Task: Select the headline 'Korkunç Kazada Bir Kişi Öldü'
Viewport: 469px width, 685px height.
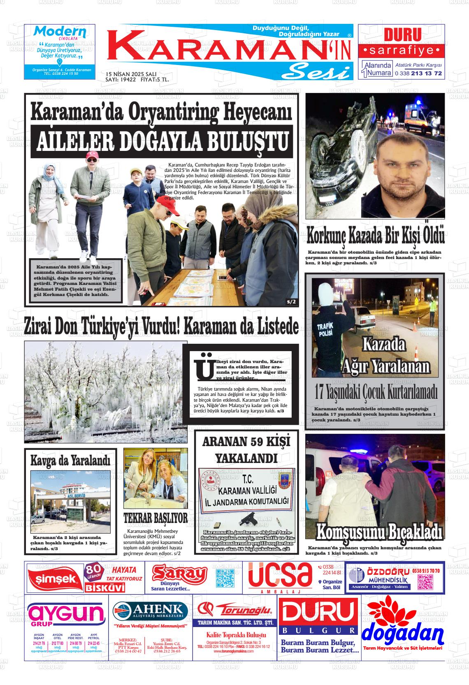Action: pyautogui.click(x=375, y=237)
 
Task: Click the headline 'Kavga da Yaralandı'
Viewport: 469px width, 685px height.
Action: pyautogui.click(x=70, y=461)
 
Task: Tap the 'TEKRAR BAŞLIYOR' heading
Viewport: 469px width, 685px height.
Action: pyautogui.click(x=156, y=518)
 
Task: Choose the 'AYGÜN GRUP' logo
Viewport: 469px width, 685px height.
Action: pyautogui.click(x=66, y=616)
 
